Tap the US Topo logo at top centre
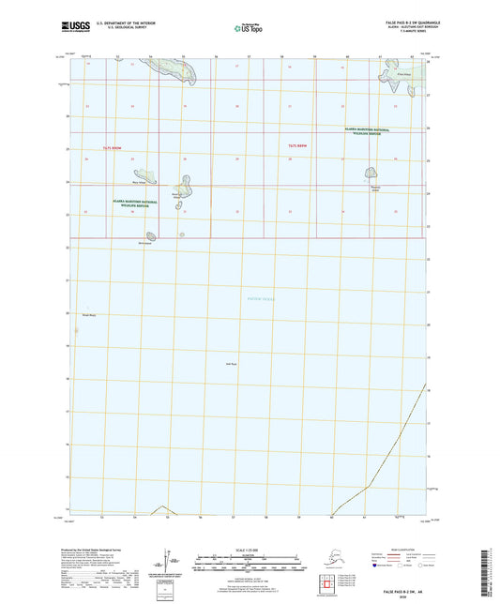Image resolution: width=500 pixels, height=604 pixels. (250, 29)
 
